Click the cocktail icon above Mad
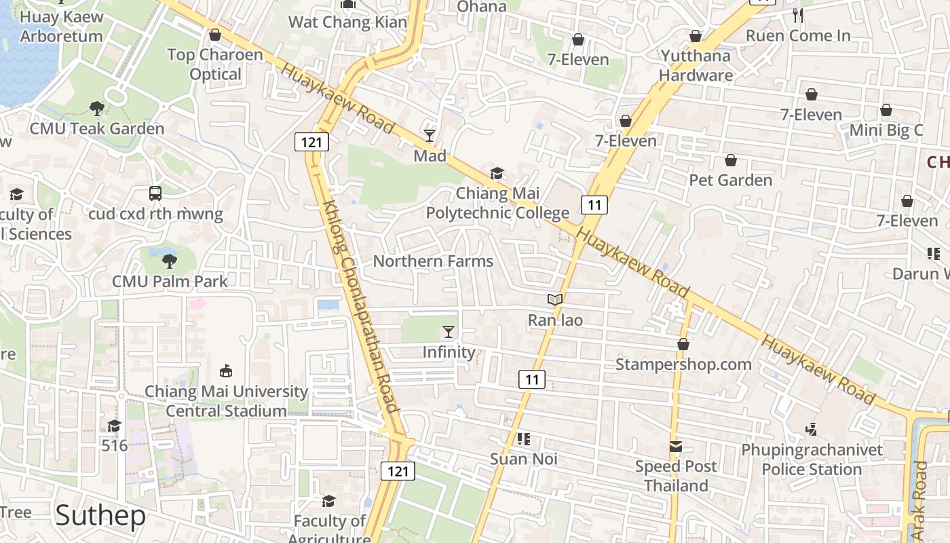[x=430, y=136]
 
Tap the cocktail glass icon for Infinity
[x=449, y=332]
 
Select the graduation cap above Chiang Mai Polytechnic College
[x=497, y=174]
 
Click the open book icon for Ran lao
[x=555, y=299]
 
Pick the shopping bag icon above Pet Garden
[x=731, y=160]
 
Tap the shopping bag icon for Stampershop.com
[x=683, y=344]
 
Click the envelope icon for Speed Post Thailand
[x=676, y=447]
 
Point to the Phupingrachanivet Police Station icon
[x=812, y=429]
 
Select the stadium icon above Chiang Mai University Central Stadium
[x=226, y=371]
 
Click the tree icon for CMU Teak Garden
[x=97, y=108]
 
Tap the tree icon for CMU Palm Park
[x=170, y=261]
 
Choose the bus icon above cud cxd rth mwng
[x=155, y=193]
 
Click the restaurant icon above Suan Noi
[x=523, y=439]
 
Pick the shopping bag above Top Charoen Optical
[x=215, y=35]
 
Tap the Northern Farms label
[x=433, y=261]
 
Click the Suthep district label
[x=100, y=516]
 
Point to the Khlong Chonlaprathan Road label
[x=360, y=305]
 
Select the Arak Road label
[x=920, y=501]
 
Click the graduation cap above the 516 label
[x=114, y=426]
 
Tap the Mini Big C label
[x=886, y=130]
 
